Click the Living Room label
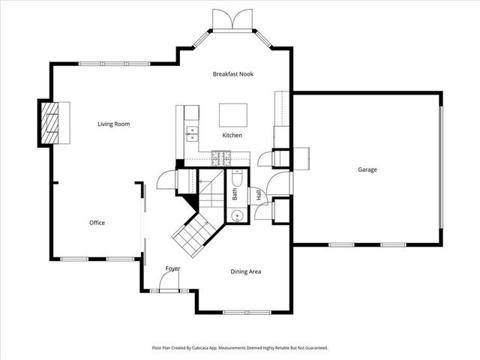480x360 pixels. click(114, 124)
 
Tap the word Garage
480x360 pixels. click(367, 169)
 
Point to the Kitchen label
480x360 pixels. click(232, 136)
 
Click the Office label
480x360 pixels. click(97, 223)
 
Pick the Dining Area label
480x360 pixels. click(245, 271)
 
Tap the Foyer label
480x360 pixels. click(172, 268)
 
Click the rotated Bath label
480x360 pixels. click(235, 193)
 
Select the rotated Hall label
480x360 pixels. click(259, 193)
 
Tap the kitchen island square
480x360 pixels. click(232, 115)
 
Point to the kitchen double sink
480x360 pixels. click(192, 133)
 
